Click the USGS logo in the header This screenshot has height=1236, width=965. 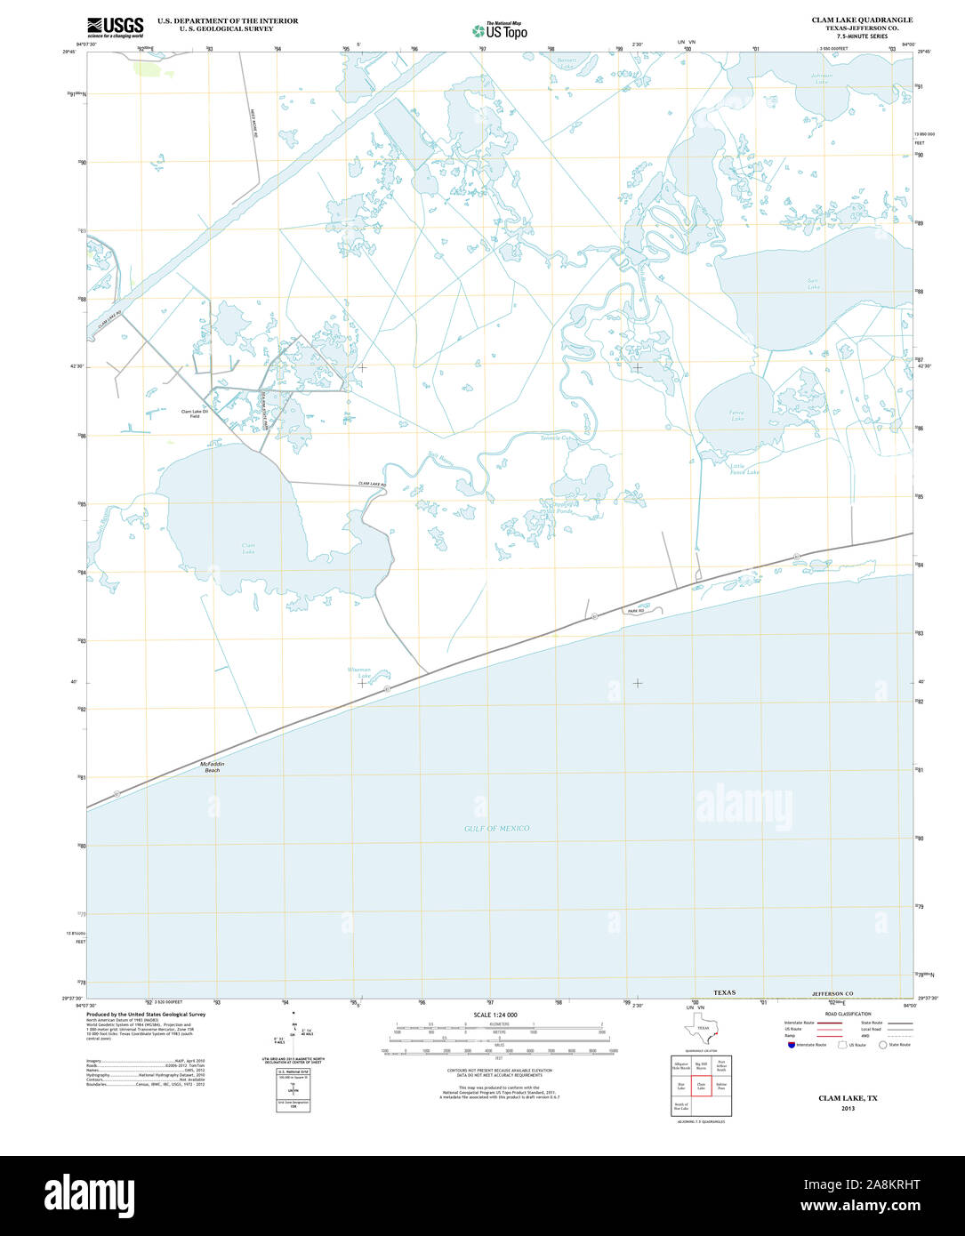coord(115,27)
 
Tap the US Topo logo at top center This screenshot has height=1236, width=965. coord(500,30)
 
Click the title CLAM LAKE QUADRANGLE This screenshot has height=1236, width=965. coord(861,20)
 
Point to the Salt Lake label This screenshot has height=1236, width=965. coord(812,284)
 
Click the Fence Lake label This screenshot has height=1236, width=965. coord(737,415)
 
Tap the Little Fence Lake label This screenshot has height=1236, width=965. coord(744,469)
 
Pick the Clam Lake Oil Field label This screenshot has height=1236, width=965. coord(194,413)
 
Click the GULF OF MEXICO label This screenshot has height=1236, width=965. coord(496,828)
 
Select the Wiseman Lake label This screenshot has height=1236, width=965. coord(359,672)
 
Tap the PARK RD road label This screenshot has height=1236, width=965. coord(634,611)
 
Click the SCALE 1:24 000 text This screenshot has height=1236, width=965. coord(495,1015)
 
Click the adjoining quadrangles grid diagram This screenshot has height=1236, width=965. coord(701,1086)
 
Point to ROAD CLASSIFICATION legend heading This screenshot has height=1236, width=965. coord(848,1014)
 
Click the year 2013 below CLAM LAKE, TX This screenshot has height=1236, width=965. coord(848,1108)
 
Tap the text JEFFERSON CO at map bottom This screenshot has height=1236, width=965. coord(832,993)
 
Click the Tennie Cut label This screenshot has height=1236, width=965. coord(559,437)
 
